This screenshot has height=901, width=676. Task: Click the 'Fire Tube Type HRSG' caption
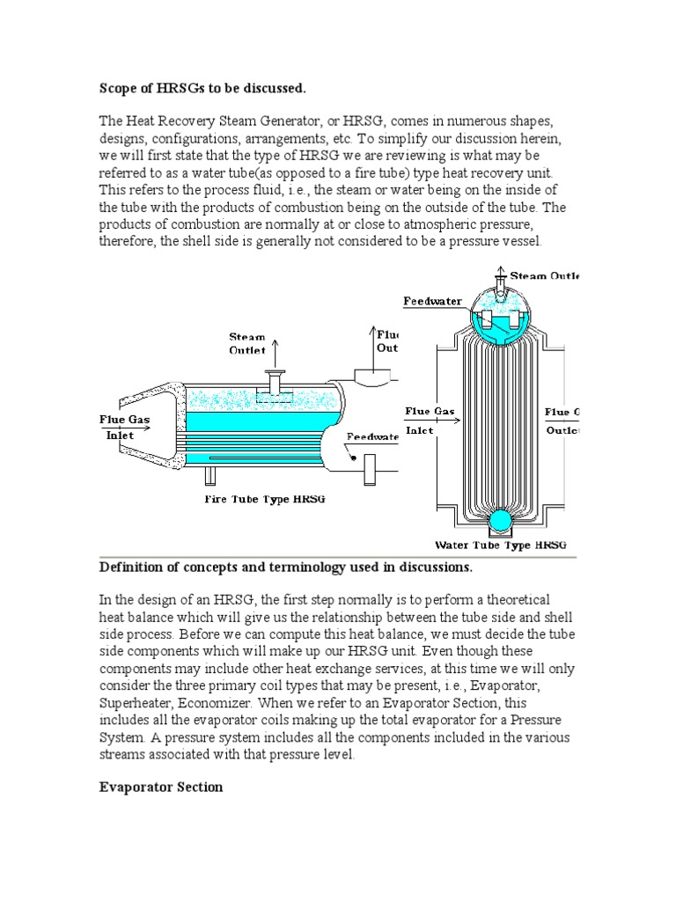(266, 499)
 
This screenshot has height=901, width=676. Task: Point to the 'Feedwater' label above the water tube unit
(432, 301)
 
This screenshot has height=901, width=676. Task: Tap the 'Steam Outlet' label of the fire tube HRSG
(247, 343)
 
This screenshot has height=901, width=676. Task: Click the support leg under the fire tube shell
(210, 475)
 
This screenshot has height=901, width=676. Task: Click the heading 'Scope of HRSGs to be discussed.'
(201, 88)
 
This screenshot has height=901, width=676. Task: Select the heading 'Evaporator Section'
(160, 787)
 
